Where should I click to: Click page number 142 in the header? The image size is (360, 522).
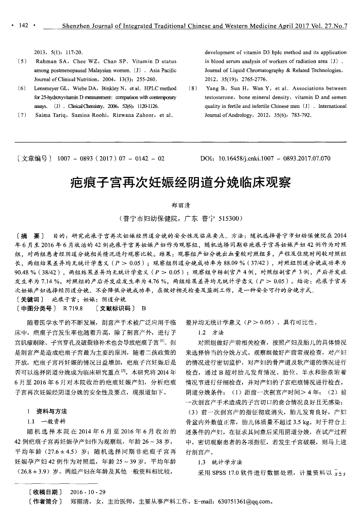point(23,26)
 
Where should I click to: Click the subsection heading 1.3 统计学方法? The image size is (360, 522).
point(220,462)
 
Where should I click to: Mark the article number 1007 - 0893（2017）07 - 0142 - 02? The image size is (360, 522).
point(111,159)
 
